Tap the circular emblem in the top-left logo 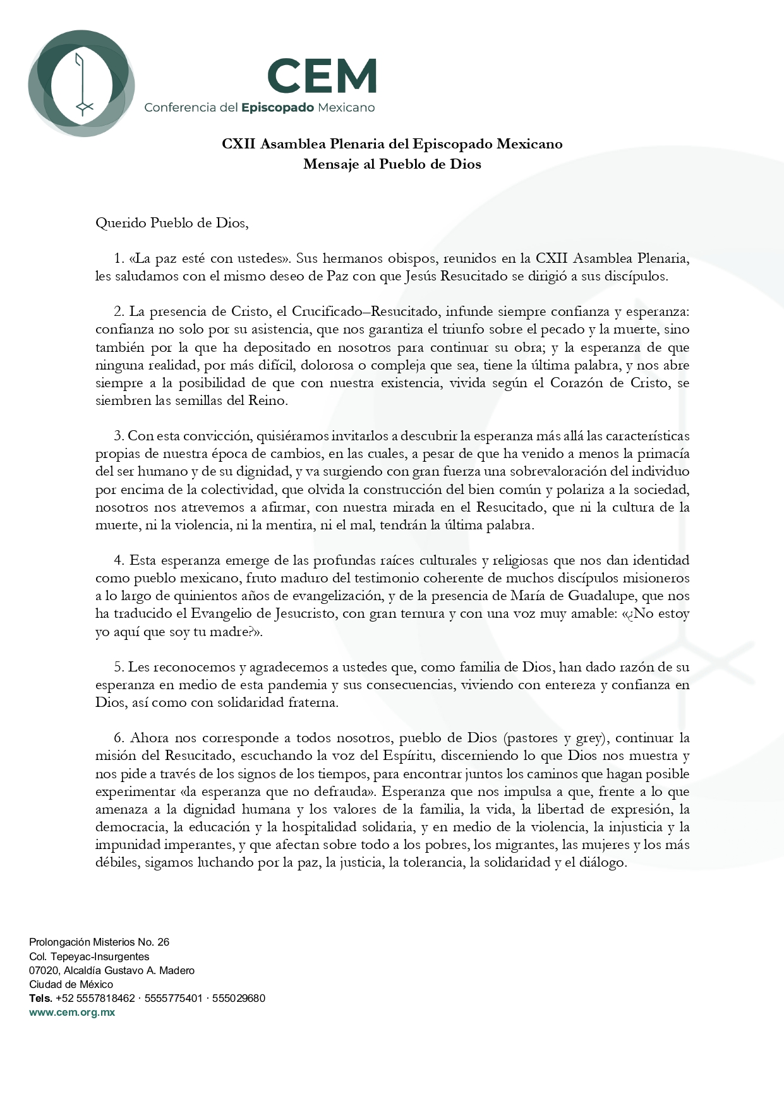click(81, 83)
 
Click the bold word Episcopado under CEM click(277, 108)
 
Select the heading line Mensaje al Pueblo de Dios click(392, 164)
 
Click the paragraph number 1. click(118, 258)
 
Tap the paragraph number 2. click(118, 311)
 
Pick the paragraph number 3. click(118, 436)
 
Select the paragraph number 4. click(118, 560)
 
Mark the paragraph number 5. click(118, 667)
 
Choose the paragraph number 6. click(118, 738)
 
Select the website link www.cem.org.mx click(72, 1013)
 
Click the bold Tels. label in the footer click(40, 999)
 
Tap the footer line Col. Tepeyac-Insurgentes click(89, 956)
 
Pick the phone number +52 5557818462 click(95, 999)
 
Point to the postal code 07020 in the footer click(43, 970)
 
